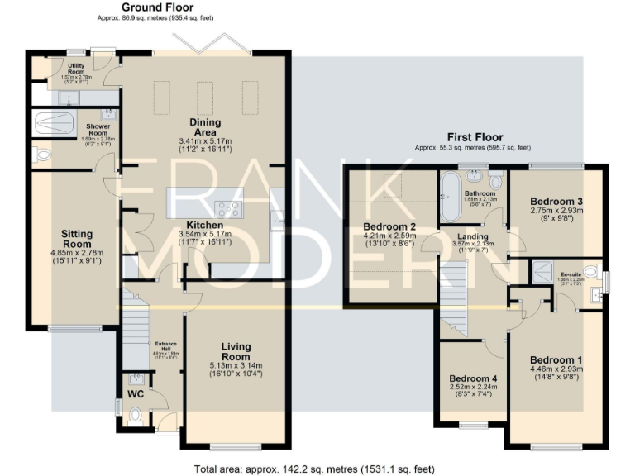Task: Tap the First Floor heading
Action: click(x=475, y=137)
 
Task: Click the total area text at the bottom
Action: click(x=314, y=469)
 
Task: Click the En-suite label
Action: click(x=570, y=274)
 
